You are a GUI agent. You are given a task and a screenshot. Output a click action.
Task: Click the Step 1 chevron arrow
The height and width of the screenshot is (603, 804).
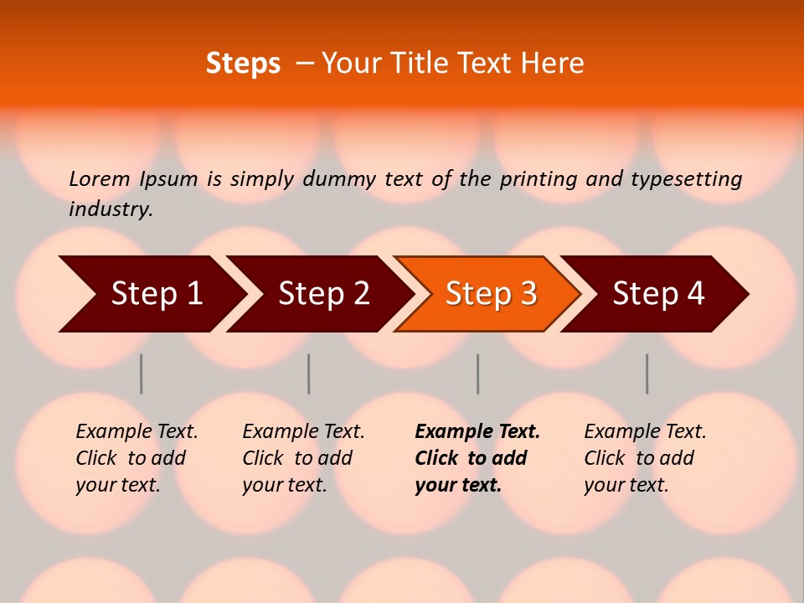point(151,294)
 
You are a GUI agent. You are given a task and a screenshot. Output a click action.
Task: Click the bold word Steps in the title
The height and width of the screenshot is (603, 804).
point(243,64)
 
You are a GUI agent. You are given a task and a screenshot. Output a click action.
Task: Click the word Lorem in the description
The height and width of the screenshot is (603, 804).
point(99,178)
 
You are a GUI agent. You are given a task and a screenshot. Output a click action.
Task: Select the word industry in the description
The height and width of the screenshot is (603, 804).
point(110,209)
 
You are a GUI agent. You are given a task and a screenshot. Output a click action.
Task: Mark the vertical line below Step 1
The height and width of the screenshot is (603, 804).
point(142,374)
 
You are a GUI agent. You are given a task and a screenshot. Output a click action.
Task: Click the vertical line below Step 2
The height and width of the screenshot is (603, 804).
point(309,374)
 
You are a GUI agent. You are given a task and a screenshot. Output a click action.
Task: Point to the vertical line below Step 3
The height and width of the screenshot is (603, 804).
point(478,374)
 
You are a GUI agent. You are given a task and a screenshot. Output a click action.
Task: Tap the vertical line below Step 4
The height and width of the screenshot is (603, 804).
point(647,374)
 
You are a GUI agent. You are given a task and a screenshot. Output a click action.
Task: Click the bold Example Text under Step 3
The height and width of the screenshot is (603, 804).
point(477,432)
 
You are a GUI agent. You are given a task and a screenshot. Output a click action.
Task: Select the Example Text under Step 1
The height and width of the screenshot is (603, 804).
point(137,432)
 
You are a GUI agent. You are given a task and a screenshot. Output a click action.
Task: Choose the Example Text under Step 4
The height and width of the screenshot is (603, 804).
point(645,432)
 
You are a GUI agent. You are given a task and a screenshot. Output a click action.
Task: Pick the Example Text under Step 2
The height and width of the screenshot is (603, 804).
point(303,432)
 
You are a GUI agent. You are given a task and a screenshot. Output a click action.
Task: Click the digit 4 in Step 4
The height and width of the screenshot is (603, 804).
point(695,294)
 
